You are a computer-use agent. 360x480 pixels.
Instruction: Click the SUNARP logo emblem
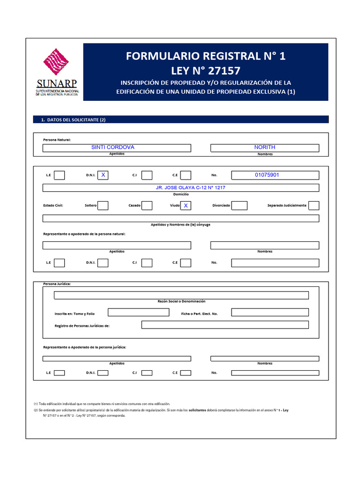click(56, 64)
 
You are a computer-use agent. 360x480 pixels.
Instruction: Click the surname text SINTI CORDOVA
click(112, 147)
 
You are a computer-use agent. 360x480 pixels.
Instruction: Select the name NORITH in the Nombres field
click(264, 147)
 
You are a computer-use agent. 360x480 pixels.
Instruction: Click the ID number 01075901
click(267, 175)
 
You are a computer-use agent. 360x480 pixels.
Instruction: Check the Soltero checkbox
click(103, 205)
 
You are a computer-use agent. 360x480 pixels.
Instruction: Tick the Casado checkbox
click(147, 205)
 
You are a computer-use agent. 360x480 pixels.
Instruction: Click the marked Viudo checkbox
click(186, 205)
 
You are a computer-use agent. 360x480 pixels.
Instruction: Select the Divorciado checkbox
click(240, 205)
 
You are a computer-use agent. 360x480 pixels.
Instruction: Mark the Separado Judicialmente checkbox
click(314, 205)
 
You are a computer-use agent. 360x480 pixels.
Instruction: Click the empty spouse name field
click(180, 218)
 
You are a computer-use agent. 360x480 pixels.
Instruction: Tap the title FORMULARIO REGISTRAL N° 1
click(205, 56)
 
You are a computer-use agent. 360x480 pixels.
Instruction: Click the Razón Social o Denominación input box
click(181, 295)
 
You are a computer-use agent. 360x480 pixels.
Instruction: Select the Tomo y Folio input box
click(138, 312)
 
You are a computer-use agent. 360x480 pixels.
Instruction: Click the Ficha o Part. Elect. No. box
click(270, 312)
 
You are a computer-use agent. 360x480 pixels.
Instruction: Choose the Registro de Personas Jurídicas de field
click(225, 325)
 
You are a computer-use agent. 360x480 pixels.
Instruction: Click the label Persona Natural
click(57, 140)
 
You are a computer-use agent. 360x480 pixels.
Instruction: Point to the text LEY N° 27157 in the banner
click(205, 71)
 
